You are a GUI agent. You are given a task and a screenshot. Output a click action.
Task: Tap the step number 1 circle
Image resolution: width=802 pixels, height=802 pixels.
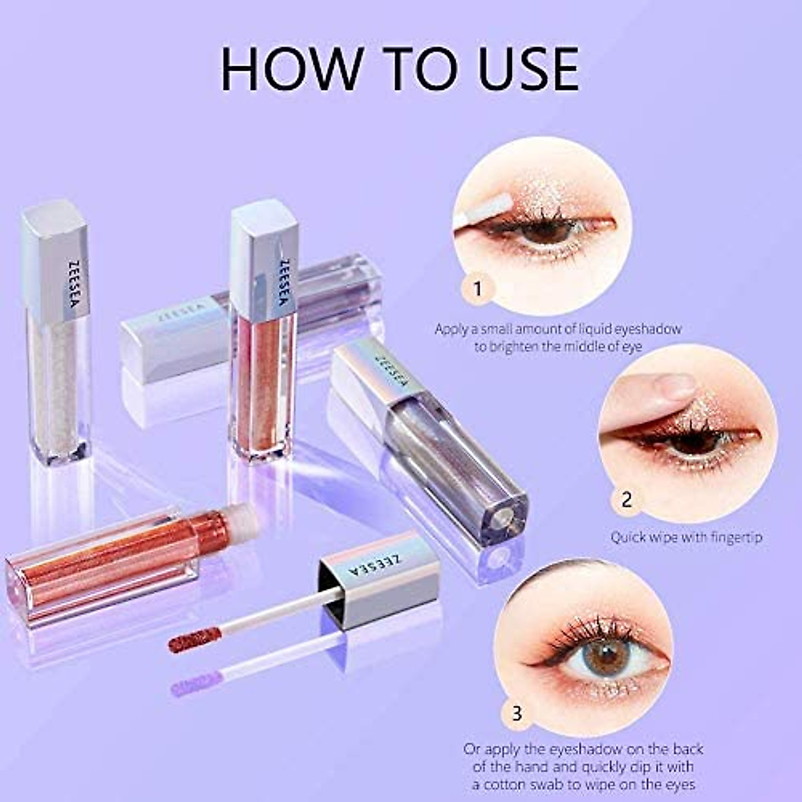point(477,289)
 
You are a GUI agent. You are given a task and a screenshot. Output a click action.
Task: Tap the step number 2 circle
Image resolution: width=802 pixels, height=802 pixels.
point(626,499)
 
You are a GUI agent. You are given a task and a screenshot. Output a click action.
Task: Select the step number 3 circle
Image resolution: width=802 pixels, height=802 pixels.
point(517,713)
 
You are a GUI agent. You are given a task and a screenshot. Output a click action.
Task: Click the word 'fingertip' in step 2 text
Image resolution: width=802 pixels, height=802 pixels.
point(731,537)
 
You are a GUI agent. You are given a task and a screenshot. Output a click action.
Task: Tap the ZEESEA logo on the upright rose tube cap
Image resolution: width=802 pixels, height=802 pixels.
point(286,281)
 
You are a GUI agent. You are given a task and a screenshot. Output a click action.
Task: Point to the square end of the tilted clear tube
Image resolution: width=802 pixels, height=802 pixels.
point(501,515)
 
